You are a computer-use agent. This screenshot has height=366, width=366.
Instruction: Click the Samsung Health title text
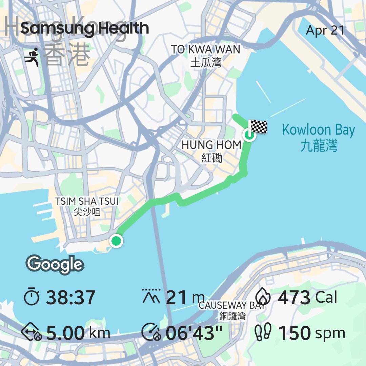coord(85,28)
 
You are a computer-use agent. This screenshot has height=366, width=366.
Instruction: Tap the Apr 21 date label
coord(325,30)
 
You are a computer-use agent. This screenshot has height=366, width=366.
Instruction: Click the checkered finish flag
coord(258,127)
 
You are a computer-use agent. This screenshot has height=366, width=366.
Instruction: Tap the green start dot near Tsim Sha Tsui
coord(116,241)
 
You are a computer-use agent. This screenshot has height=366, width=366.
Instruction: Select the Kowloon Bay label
coord(319,137)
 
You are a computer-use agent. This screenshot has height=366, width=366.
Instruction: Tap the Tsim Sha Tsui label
coord(87,206)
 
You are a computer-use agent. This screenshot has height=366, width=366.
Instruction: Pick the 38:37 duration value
coord(70,298)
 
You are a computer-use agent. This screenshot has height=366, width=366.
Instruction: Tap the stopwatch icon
coord(32,297)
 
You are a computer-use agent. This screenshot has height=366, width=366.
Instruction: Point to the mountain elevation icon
coord(151,297)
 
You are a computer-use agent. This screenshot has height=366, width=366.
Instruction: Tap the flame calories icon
coord(263,297)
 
